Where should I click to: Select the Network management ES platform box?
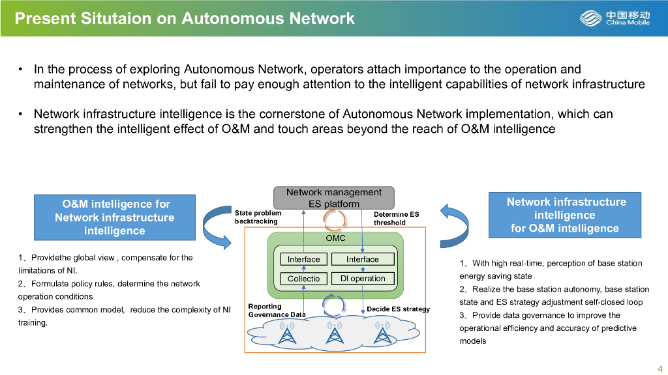[334, 198]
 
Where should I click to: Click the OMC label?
[335, 238]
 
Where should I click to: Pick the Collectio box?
[304, 279]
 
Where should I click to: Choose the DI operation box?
[363, 279]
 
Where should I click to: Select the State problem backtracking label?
[258, 217]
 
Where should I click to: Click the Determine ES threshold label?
[396, 218]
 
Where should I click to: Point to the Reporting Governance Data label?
[277, 311]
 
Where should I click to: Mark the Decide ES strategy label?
[398, 309]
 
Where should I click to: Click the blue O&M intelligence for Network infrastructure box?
[114, 217]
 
